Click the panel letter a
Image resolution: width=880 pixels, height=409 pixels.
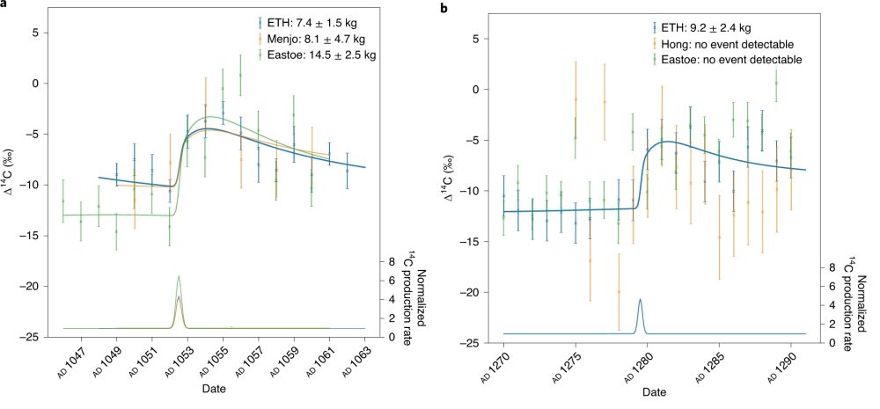[5, 4]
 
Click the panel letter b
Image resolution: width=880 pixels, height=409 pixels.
[444, 7]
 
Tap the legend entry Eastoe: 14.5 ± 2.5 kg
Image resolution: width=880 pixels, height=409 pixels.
[334, 55]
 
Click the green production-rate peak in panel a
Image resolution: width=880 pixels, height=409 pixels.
[179, 277]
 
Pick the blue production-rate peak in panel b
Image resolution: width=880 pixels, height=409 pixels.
[640, 301]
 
